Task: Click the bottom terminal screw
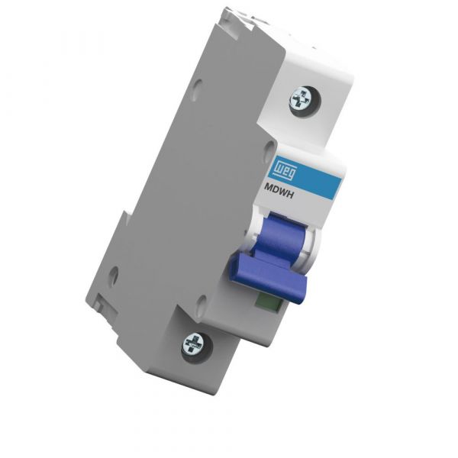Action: pyautogui.click(x=195, y=346)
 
